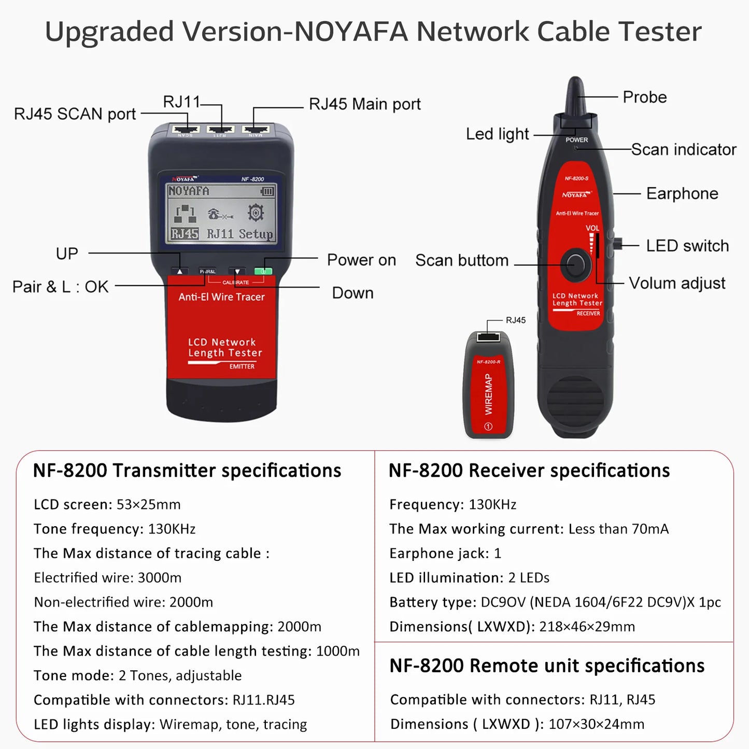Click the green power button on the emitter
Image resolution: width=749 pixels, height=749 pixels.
263,271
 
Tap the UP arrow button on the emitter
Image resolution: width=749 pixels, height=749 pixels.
180,271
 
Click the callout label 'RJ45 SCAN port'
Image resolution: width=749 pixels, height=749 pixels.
75,114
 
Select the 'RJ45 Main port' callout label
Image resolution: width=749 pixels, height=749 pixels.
364,104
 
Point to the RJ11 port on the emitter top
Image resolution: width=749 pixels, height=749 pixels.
221,129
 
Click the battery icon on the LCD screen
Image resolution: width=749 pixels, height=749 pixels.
267,192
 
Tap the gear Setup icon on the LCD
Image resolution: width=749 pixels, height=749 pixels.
256,213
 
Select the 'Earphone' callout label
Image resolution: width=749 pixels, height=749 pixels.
682,194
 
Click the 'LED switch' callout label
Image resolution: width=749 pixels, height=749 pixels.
687,246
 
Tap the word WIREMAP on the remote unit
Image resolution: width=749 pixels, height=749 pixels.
488,394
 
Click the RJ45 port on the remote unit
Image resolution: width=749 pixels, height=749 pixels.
488,337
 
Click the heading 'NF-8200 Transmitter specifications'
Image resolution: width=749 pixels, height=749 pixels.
187,471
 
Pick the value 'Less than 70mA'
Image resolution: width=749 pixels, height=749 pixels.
618,529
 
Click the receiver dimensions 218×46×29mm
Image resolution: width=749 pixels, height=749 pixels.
587,627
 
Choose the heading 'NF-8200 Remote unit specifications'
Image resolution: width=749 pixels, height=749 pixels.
547,666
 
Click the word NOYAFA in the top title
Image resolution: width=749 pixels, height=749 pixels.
351,32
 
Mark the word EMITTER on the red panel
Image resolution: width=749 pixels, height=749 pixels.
242,366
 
